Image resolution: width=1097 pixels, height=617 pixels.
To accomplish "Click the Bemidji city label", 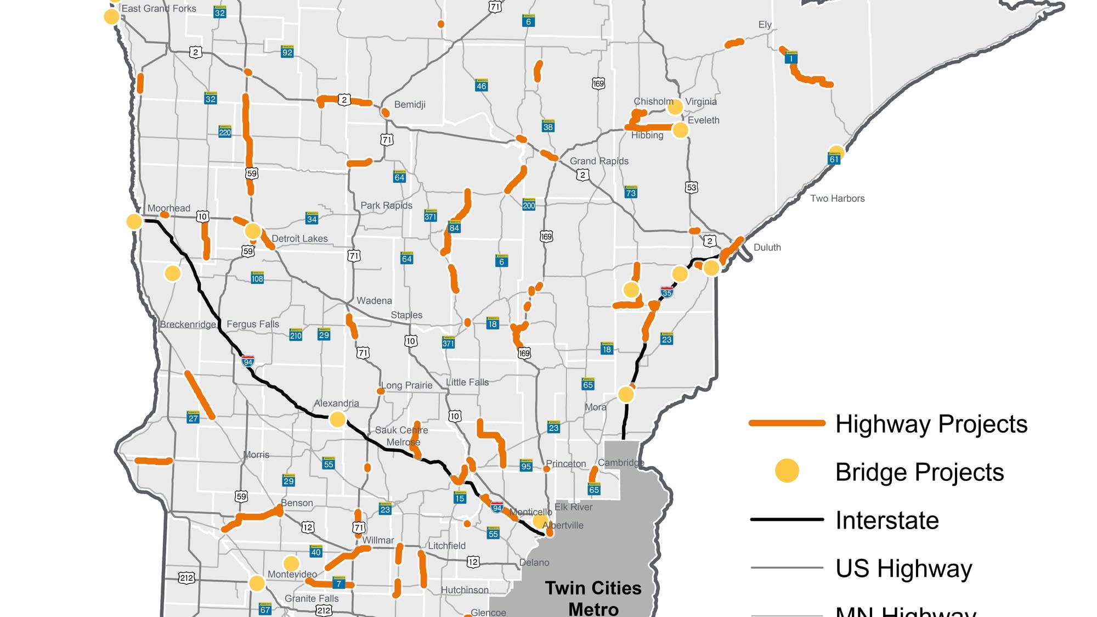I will (410, 104).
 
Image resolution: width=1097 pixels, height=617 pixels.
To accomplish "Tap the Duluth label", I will (767, 248).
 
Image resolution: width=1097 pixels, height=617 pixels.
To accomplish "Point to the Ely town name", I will (765, 25).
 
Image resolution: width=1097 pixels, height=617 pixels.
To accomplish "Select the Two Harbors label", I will (837, 199).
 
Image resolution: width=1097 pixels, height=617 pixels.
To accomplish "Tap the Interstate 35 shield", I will (666, 292).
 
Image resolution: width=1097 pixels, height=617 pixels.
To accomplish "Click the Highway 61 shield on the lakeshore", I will (834, 159).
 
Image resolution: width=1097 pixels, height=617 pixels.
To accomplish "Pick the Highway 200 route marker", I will (529, 205).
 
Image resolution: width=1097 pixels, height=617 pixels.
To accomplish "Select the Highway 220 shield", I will (225, 132).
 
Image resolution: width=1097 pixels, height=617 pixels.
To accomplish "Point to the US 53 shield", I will (691, 187).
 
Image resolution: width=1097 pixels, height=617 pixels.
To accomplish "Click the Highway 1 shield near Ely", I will (791, 58).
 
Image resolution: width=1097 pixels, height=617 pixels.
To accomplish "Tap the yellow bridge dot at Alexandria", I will (337, 420).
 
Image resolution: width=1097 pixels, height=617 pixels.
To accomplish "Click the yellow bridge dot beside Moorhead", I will (134, 221).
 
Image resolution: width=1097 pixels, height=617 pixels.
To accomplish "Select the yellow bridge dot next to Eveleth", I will (680, 130).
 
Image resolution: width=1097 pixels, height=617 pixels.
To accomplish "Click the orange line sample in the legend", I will (787, 423).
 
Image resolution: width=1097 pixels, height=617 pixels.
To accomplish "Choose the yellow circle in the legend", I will (787, 471).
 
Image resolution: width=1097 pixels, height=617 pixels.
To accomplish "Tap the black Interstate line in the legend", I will (787, 519).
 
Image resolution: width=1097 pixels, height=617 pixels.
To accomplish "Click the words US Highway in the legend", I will (903, 568).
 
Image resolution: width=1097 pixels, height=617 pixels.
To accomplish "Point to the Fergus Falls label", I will (253, 324).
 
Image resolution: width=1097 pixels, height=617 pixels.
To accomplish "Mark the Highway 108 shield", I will (257, 278).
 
